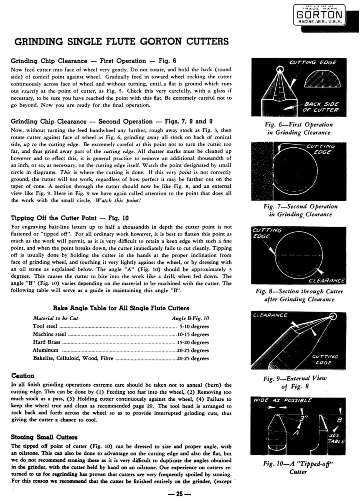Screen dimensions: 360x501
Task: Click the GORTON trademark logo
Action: [319, 15]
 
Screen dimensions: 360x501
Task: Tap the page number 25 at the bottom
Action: [180, 494]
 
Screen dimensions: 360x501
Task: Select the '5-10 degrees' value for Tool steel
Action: [194, 326]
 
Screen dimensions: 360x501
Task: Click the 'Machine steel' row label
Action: [49, 334]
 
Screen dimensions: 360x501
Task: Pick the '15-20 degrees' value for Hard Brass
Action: [193, 342]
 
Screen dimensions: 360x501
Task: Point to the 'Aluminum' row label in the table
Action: [46, 350]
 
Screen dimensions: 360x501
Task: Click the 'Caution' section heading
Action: [23, 376]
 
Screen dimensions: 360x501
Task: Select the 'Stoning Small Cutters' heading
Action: [44, 437]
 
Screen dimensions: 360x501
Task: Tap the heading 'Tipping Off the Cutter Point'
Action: [54, 218]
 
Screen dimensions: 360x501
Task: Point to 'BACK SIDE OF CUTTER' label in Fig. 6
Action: [321, 107]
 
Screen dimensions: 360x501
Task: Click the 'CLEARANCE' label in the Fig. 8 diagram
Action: [327, 281]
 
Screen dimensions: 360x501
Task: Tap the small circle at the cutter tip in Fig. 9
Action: [333, 316]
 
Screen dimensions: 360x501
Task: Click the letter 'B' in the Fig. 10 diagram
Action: [340, 420]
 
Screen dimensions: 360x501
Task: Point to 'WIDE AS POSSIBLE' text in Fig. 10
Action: [282, 400]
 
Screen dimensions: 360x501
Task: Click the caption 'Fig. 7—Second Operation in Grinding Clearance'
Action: [300, 210]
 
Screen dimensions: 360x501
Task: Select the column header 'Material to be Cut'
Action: [56, 318]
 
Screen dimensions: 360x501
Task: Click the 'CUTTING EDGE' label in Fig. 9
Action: [325, 359]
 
